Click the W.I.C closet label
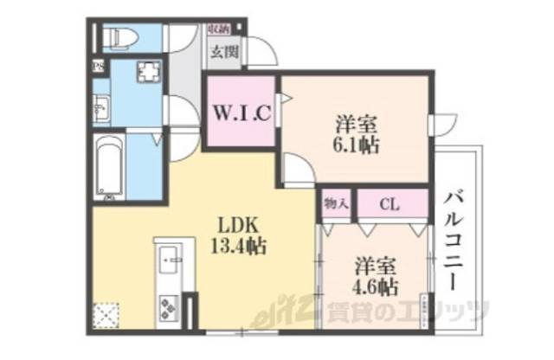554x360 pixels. coord(240,112)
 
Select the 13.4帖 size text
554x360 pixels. coord(235,246)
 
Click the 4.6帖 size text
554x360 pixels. coord(375,286)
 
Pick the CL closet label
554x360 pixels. coord(389,205)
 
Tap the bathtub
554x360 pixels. coord(108,167)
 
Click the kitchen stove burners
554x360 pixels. coord(166,306)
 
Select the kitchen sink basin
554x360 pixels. coord(166,258)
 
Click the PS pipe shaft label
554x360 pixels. coord(99,67)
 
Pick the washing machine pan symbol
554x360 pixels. coord(145,75)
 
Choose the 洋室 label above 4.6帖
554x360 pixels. coord(375,265)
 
